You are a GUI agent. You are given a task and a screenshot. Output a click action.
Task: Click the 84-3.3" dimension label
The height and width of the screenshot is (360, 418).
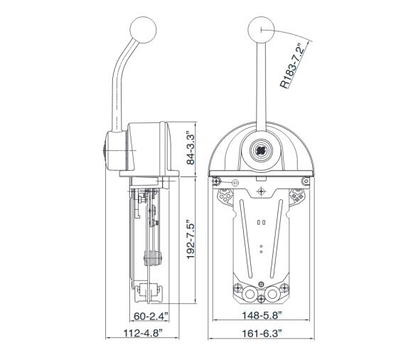click(x=191, y=147)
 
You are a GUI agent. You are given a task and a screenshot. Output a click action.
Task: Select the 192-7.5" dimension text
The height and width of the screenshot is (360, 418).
click(x=191, y=239)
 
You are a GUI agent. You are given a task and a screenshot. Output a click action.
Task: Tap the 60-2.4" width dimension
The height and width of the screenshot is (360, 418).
click(x=151, y=316)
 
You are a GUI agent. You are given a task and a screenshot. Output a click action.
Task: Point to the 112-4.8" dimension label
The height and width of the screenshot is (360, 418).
click(x=143, y=333)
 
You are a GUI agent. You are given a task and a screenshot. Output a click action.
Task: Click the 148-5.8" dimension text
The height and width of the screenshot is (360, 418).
click(x=262, y=315)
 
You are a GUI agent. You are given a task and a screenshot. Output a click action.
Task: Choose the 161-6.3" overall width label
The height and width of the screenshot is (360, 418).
click(x=262, y=334)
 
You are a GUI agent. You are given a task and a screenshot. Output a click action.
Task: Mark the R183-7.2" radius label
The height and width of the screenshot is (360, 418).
click(x=291, y=65)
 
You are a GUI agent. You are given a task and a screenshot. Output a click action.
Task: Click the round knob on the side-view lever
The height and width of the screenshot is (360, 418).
click(x=143, y=30)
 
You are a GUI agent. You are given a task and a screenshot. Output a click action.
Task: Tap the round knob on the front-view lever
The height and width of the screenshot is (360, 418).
click(x=261, y=30)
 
